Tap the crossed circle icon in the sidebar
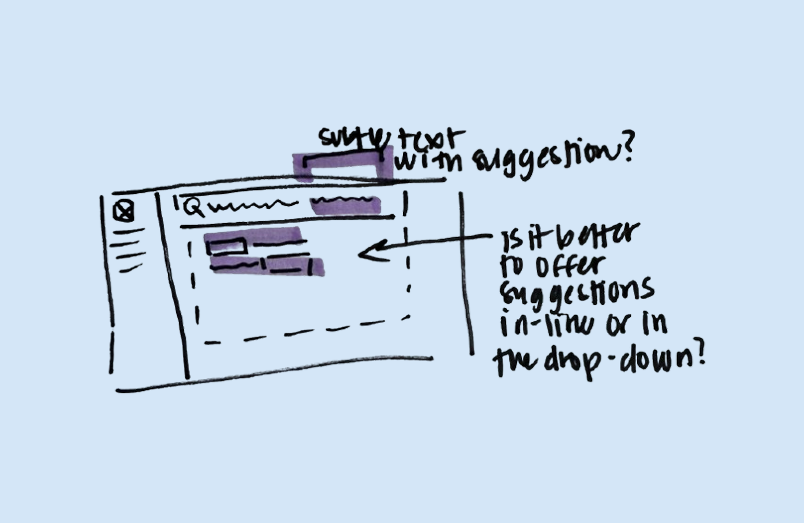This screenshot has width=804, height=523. pyautogui.click(x=123, y=211)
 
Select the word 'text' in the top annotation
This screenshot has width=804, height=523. pyautogui.click(x=431, y=140)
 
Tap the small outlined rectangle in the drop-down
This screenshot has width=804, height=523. pyautogui.click(x=226, y=246)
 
